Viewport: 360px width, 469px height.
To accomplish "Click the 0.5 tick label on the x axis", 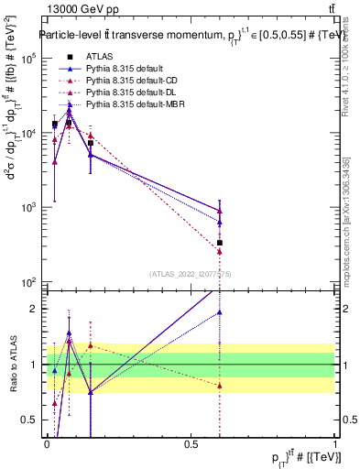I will [x=191, y=443].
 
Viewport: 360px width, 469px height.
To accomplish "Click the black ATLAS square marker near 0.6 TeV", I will [x=220, y=243].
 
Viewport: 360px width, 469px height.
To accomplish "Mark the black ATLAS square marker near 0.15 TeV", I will [x=91, y=143].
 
